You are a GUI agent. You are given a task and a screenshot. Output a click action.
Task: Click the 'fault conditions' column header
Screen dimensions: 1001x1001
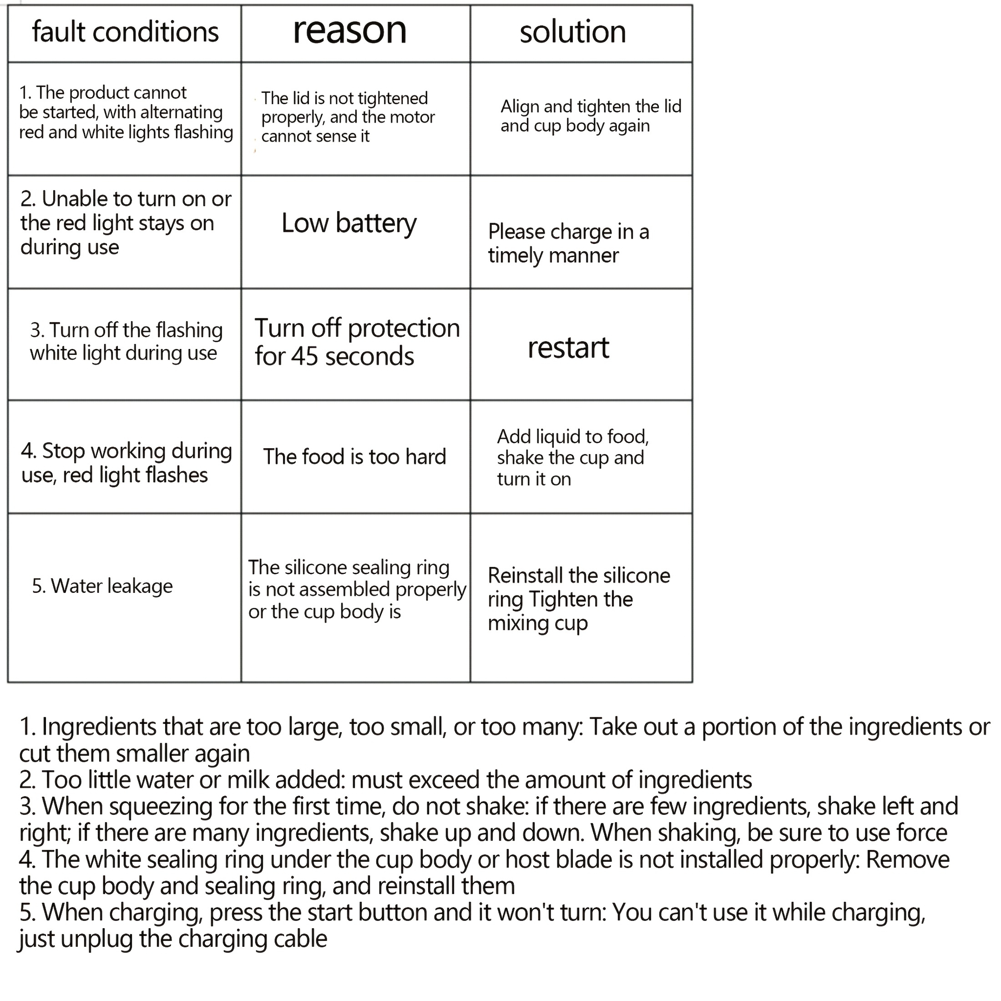tap(126, 32)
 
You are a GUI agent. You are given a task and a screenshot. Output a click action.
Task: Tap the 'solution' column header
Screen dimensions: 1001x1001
tap(572, 32)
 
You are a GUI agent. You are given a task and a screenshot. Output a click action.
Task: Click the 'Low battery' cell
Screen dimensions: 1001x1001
tap(349, 223)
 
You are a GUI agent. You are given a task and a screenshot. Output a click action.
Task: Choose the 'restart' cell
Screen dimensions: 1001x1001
tap(568, 348)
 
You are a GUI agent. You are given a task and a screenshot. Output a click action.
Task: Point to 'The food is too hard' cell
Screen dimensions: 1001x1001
tap(354, 457)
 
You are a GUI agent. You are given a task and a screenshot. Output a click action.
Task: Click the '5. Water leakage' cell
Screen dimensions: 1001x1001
tap(102, 586)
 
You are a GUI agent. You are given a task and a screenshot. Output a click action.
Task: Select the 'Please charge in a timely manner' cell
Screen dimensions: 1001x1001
tap(568, 243)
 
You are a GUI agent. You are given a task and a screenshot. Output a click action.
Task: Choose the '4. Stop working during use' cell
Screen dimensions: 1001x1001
tap(126, 463)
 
